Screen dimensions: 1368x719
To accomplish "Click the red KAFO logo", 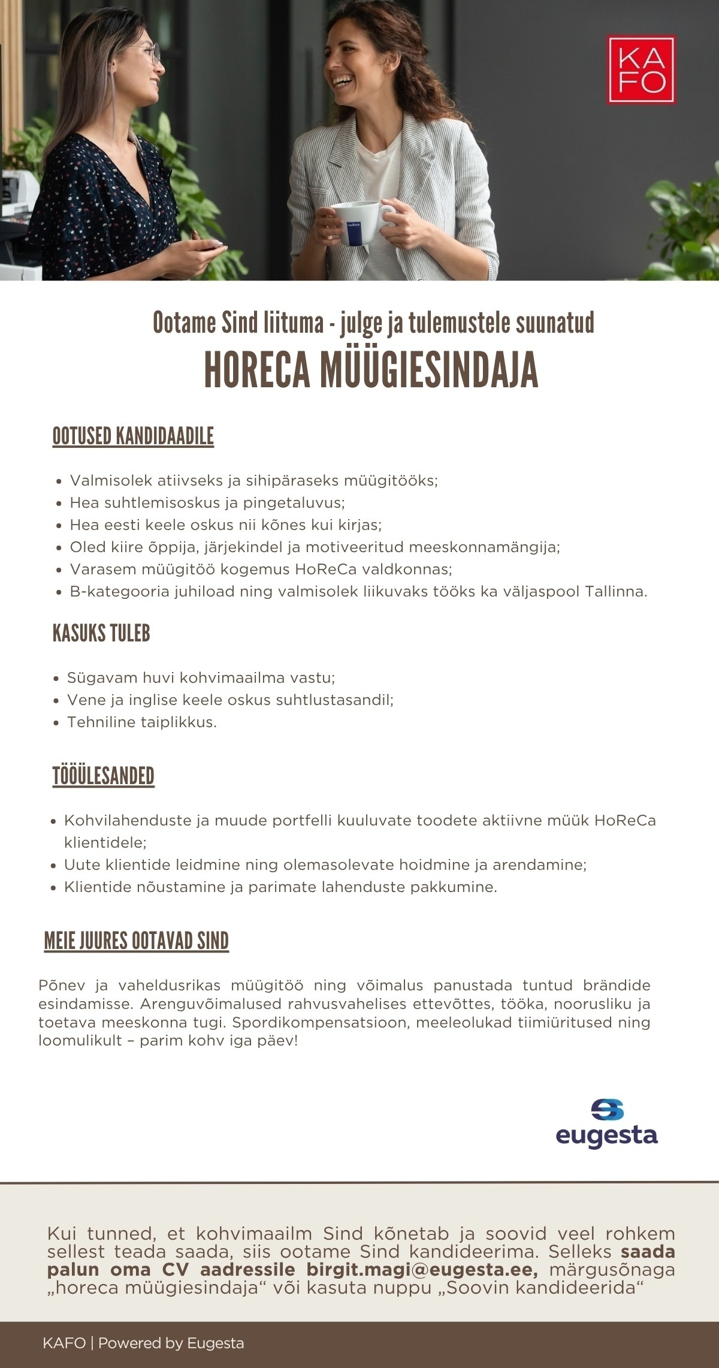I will tap(641, 70).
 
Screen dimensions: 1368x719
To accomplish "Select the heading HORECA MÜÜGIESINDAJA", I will tap(371, 370).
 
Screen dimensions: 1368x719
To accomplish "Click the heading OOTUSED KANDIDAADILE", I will tap(133, 436).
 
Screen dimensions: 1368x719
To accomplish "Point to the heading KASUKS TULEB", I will tap(101, 633).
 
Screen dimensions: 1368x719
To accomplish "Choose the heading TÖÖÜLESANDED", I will tap(104, 776).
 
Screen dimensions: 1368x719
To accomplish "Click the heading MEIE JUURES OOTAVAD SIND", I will tap(137, 941).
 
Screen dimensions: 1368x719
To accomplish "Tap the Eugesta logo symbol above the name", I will tap(607, 1110).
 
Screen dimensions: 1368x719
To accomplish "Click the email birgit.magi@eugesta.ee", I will tap(422, 1270).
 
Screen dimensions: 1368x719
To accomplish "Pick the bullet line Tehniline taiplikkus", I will tap(141, 722).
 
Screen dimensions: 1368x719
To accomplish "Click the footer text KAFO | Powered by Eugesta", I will tap(143, 1343).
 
